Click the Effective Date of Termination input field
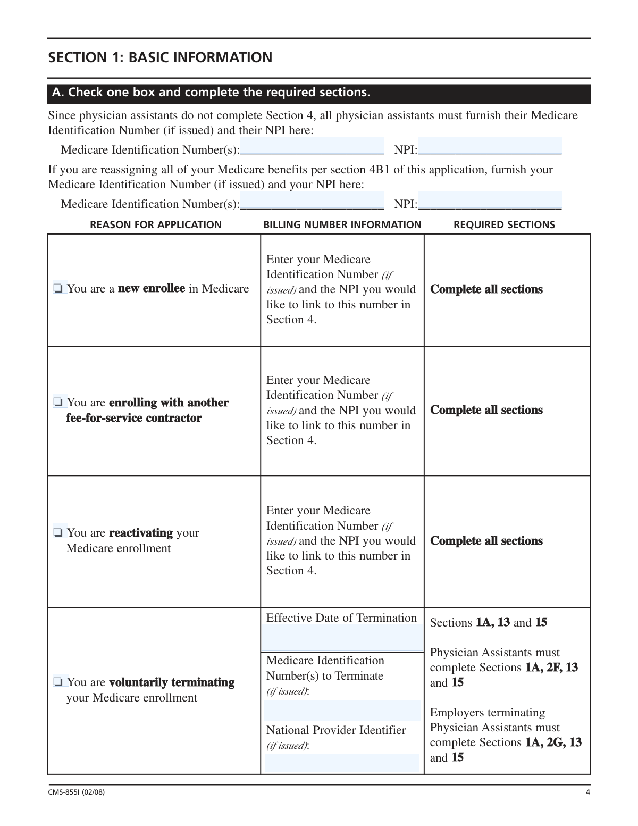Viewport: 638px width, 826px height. point(342,638)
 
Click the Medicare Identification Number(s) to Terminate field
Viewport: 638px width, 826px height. point(342,711)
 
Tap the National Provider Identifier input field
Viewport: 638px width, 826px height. point(342,763)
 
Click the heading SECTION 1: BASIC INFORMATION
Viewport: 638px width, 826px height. point(160,57)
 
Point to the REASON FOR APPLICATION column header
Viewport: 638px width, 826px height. point(156,225)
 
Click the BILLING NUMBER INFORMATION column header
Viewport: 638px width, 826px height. point(342,225)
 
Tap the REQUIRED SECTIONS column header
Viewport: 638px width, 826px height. point(504,225)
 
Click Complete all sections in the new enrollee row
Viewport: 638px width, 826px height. point(486,289)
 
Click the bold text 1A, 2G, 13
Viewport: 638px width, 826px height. point(553,742)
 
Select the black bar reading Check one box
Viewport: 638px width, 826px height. point(319,93)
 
